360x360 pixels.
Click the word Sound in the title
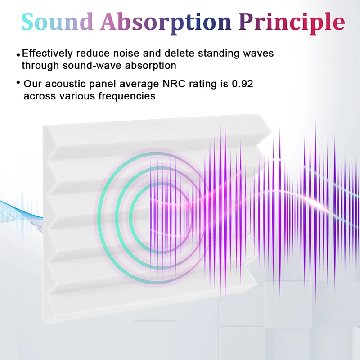tap(57, 22)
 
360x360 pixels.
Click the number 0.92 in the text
tap(243, 84)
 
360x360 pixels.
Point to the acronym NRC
tap(174, 84)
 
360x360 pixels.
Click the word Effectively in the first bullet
tap(47, 53)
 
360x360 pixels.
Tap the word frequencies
tap(127, 96)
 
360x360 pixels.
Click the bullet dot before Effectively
tap(18, 55)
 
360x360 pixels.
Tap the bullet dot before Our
tap(18, 82)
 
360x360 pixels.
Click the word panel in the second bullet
tap(103, 84)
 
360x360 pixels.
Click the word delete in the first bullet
tap(180, 53)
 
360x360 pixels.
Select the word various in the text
tap(77, 96)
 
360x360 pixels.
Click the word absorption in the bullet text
tap(151, 66)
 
